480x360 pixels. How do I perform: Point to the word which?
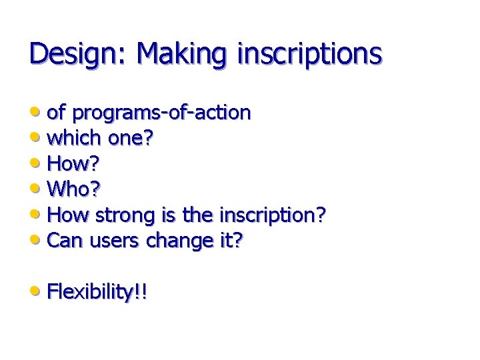[75, 138]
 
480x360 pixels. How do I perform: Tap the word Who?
[74, 189]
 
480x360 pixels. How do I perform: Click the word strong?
[125, 215]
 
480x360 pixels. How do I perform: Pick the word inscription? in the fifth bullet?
[271, 216]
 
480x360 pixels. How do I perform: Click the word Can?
[65, 240]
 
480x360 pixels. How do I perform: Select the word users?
[112, 240]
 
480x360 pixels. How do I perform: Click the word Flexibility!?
[97, 292]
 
